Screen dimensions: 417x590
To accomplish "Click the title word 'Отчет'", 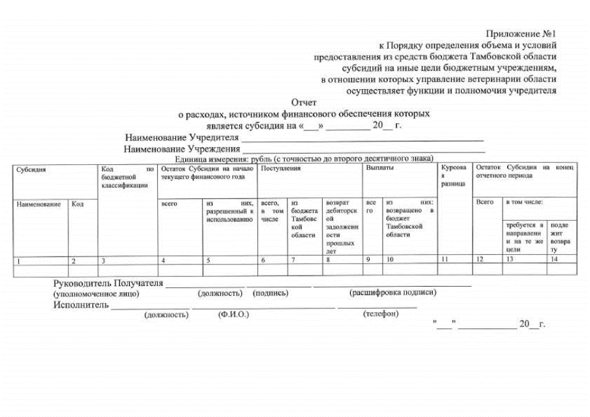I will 304,102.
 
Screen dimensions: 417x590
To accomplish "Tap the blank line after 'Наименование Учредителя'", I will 362,138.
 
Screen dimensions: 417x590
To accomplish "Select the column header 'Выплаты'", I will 379,168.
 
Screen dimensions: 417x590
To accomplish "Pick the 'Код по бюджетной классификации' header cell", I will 127,177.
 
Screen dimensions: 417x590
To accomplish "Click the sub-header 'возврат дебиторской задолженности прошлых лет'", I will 340,226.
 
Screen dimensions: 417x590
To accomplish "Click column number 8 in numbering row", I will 328,260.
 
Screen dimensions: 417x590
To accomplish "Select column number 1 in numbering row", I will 19,261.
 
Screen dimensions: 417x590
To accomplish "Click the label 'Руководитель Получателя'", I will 108,283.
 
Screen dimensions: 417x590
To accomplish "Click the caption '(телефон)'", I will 381,314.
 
